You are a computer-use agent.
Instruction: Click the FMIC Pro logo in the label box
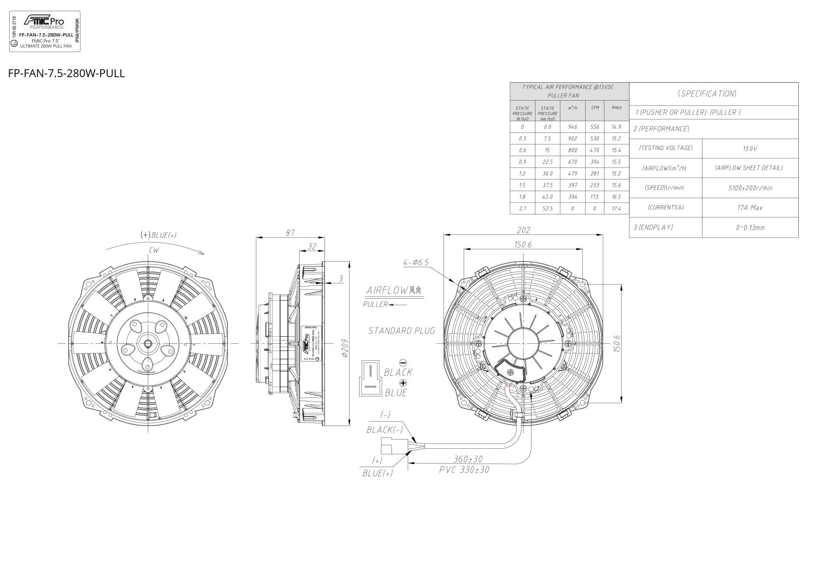click(x=44, y=21)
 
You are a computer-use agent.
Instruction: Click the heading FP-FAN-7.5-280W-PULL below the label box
click(x=66, y=73)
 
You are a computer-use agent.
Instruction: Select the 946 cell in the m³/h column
click(x=572, y=127)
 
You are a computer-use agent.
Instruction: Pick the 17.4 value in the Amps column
click(x=616, y=209)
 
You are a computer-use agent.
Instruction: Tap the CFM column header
click(x=594, y=108)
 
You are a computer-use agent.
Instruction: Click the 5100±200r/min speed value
click(x=750, y=188)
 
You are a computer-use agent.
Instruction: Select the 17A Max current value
click(x=750, y=208)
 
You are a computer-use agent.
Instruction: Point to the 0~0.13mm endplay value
click(x=750, y=227)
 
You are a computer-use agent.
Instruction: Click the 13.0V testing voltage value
click(x=750, y=149)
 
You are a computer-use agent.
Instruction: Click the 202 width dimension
click(x=523, y=230)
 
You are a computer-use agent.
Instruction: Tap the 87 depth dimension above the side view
click(x=290, y=233)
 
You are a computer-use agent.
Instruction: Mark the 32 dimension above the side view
click(x=311, y=247)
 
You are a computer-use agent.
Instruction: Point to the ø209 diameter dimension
click(x=344, y=349)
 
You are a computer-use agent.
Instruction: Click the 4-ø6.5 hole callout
click(x=416, y=262)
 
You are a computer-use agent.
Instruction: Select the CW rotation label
click(x=154, y=251)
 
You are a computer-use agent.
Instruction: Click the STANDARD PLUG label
click(x=402, y=331)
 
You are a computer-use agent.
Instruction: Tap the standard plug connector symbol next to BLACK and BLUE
click(x=370, y=378)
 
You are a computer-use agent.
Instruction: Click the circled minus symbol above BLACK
click(x=403, y=363)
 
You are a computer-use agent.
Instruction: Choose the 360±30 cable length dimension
click(x=468, y=459)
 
